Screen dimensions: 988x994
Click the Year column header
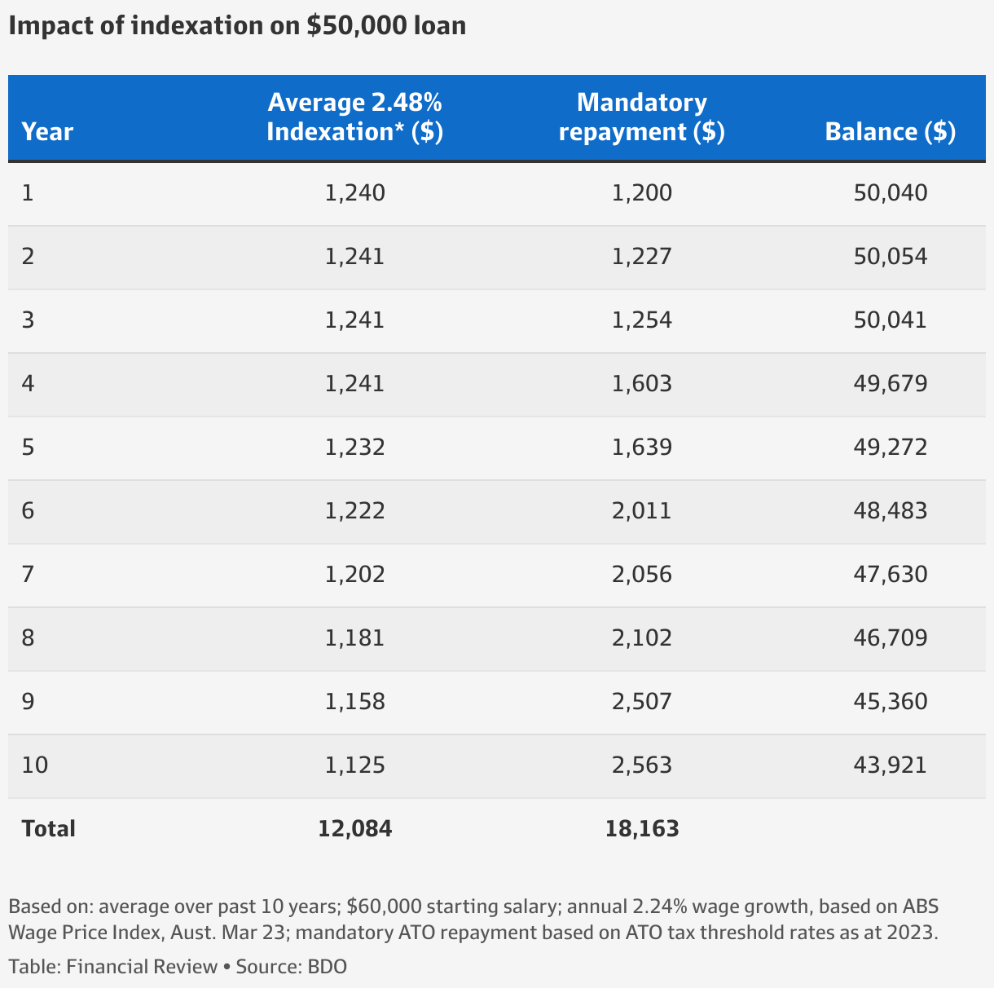tap(47, 131)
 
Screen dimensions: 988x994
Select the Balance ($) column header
tap(891, 131)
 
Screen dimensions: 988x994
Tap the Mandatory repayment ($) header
tap(642, 117)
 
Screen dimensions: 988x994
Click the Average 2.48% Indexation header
tap(354, 117)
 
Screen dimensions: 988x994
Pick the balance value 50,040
tap(891, 193)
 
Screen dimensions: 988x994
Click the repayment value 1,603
tap(642, 384)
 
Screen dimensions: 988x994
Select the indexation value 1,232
tap(354, 448)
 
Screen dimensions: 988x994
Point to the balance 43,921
tap(891, 765)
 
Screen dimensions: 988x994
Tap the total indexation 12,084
tap(354, 829)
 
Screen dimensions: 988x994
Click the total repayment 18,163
tap(642, 829)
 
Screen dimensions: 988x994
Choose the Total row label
tap(48, 829)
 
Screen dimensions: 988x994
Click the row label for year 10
tap(35, 765)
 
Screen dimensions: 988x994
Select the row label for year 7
tap(29, 575)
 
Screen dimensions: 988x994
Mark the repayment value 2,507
tap(642, 702)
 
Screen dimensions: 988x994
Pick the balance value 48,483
tap(891, 511)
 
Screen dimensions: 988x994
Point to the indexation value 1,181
tap(354, 638)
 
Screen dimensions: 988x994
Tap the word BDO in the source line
tap(327, 967)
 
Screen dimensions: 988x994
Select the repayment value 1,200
tap(642, 193)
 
